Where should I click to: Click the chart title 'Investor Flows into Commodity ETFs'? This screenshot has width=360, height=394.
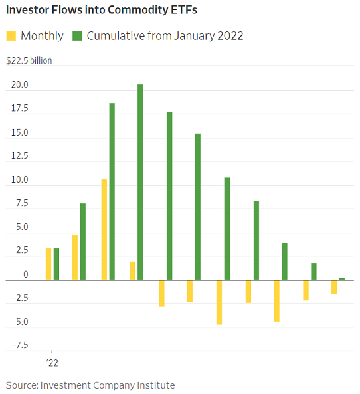coord(101,10)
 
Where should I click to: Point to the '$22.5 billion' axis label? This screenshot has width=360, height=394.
coord(29,61)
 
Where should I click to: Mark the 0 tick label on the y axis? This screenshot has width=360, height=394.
coord(25,274)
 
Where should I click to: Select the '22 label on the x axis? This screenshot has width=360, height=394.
coord(52,363)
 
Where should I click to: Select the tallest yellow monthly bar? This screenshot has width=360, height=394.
coord(104,229)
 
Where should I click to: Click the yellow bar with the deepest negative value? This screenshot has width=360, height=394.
coord(219,302)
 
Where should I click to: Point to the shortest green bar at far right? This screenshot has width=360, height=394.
coord(342,279)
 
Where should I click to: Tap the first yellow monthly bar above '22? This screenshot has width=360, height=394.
coord(48,264)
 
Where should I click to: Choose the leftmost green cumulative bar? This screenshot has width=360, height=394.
coord(56,264)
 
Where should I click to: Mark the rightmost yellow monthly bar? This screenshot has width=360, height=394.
coord(334,287)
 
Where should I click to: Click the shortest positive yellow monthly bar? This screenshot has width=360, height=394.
coord(132,270)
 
